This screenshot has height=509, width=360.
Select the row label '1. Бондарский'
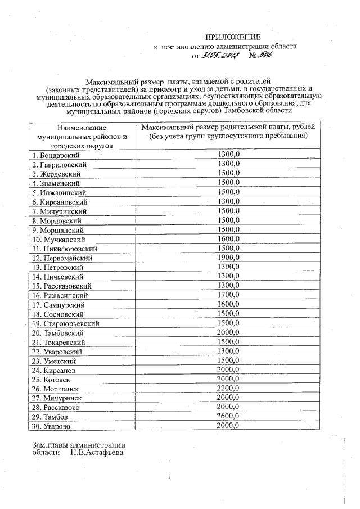pyautogui.click(x=55, y=155)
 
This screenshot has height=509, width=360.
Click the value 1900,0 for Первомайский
pyautogui.click(x=228, y=258)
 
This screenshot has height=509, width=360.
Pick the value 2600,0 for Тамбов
pyautogui.click(x=228, y=416)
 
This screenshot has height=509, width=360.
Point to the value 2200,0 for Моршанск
pyautogui.click(x=228, y=389)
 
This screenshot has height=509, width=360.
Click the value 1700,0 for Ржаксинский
pyautogui.click(x=228, y=295)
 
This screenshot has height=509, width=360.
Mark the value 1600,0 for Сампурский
pyautogui.click(x=228, y=304)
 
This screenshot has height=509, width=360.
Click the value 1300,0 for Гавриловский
pyautogui.click(x=228, y=164)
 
